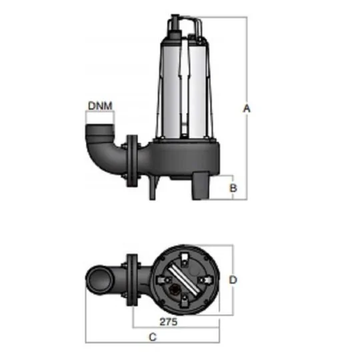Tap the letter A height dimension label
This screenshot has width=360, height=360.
247,108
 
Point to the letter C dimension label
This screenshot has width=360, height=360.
153,337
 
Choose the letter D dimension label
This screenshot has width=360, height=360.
233,280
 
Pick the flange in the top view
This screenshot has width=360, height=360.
130,281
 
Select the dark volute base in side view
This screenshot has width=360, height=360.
183,160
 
